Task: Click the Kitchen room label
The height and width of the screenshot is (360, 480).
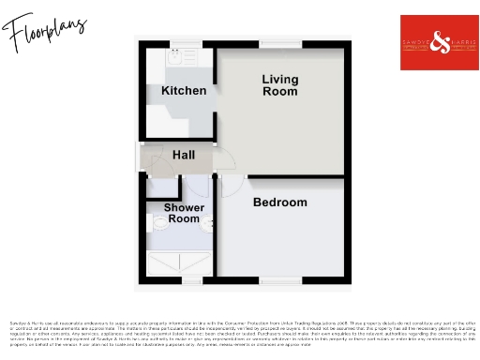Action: tap(184, 91)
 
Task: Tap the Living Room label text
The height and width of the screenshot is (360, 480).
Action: tap(279, 85)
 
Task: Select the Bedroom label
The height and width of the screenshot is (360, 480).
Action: tap(279, 202)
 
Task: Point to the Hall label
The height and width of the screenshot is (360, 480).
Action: tap(184, 154)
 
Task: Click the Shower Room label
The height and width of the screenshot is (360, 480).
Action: tap(183, 213)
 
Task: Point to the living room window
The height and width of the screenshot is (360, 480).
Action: tap(280, 44)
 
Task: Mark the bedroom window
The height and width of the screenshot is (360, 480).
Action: tap(280, 278)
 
